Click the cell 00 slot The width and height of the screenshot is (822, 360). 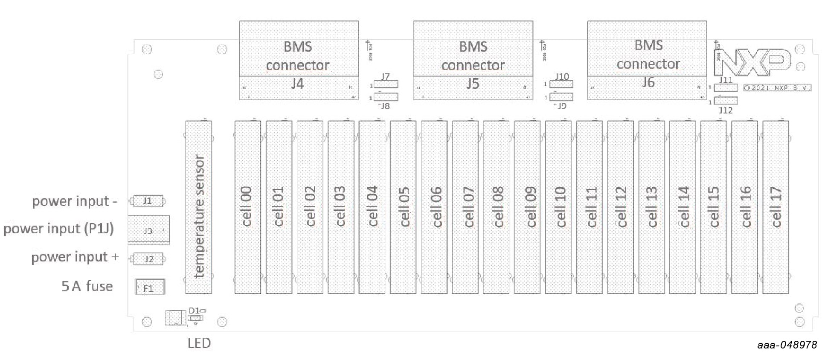(x=247, y=207)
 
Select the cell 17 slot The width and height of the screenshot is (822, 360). (x=775, y=207)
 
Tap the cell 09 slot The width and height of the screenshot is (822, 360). (x=527, y=207)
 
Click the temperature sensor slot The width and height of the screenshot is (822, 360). (x=198, y=207)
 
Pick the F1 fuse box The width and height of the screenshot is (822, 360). (x=149, y=287)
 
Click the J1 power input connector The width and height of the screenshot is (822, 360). (x=148, y=201)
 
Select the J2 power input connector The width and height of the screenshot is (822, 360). (x=148, y=259)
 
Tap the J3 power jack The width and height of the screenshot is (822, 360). (x=148, y=230)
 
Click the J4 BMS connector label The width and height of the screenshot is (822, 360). (x=298, y=84)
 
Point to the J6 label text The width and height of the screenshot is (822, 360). (x=648, y=82)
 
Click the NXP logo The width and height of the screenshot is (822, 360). (x=752, y=62)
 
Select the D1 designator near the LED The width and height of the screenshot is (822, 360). (x=194, y=311)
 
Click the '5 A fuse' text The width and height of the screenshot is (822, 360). (x=87, y=286)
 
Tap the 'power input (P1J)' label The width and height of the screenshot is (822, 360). (x=58, y=229)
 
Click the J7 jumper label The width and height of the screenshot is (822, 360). (x=385, y=76)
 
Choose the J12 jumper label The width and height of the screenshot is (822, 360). (x=725, y=110)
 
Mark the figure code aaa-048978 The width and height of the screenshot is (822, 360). (x=787, y=345)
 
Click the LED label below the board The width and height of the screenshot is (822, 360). (x=199, y=343)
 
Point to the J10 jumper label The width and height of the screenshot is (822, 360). (x=562, y=76)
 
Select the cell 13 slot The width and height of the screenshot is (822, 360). (x=651, y=207)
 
